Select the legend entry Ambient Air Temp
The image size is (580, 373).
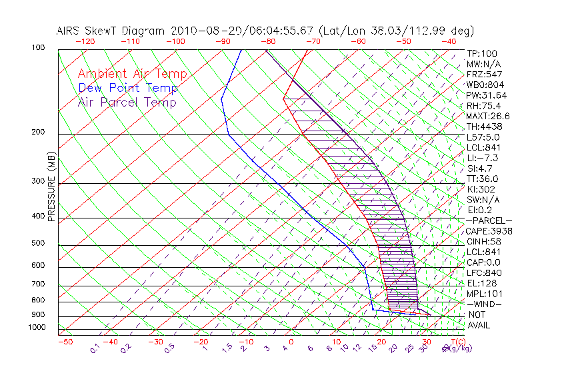tap(132, 74)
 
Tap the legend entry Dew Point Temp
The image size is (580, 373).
tap(128, 88)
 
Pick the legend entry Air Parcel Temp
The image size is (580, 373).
tap(127, 102)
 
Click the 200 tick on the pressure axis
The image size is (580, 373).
tap(39, 133)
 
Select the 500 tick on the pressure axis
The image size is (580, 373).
tap(39, 244)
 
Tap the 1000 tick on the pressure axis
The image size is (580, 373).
tap(37, 327)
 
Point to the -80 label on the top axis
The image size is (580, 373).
tap(268, 41)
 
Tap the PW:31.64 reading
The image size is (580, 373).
tap(485, 95)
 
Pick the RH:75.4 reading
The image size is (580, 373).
tap(483, 106)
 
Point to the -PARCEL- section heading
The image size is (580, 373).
tap(489, 220)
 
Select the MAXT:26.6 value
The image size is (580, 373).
tap(487, 116)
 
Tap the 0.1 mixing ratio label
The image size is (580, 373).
tap(95, 348)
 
